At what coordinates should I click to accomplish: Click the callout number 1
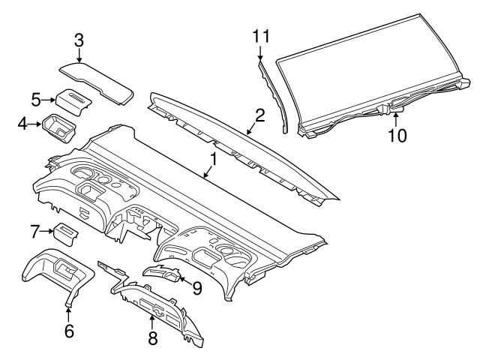tap(213, 159)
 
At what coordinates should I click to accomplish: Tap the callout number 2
tap(259, 115)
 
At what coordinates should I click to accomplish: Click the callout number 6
tap(68, 330)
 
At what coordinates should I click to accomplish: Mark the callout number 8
tap(152, 338)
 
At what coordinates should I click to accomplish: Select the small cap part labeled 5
tap(73, 100)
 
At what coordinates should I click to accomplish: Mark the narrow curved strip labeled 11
tap(274, 97)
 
